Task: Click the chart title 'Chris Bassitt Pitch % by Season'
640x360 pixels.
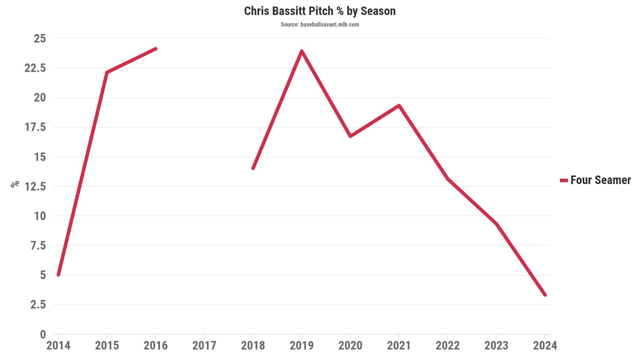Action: click(320, 11)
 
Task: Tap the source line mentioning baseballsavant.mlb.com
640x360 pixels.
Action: click(320, 24)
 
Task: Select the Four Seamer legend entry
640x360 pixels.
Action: click(596, 180)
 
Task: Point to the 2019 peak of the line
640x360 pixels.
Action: click(302, 51)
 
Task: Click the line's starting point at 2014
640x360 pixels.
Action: click(58, 275)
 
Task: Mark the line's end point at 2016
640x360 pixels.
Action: click(156, 49)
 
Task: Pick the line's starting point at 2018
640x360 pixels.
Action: click(253, 168)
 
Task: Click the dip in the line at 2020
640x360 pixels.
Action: click(350, 136)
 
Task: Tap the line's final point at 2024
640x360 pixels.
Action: click(545, 295)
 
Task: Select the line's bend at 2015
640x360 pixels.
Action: click(107, 72)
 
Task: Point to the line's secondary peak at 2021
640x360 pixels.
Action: click(399, 106)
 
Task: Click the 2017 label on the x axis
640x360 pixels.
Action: click(204, 346)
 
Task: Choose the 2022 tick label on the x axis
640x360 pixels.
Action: click(448, 346)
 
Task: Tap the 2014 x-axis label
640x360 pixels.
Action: click(58, 346)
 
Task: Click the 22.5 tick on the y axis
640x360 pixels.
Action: click(35, 68)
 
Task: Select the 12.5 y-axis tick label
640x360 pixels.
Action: click(35, 186)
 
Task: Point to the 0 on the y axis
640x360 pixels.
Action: click(43, 334)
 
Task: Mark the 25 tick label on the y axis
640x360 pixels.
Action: click(40, 38)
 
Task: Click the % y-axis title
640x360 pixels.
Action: click(15, 184)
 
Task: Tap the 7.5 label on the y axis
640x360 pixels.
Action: click(38, 246)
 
